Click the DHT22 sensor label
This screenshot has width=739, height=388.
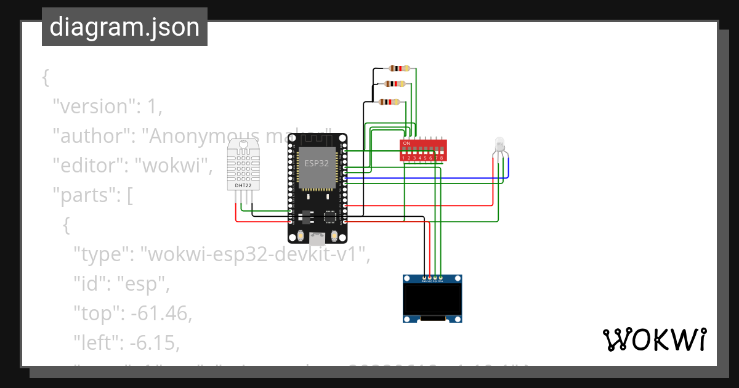(x=243, y=185)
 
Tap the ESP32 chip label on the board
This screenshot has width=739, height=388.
(x=316, y=163)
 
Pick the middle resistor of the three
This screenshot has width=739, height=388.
(x=395, y=84)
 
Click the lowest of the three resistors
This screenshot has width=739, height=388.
(x=389, y=102)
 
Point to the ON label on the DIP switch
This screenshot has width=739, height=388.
(x=406, y=143)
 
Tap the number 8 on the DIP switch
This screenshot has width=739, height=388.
(x=442, y=158)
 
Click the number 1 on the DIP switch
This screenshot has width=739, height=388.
(x=404, y=158)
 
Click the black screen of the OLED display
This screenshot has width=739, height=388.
(x=432, y=299)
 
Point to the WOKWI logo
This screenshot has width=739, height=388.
(x=654, y=339)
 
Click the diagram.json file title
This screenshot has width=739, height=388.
(x=124, y=27)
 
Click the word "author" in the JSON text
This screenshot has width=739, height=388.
(x=92, y=136)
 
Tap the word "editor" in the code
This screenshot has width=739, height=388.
(x=90, y=166)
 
